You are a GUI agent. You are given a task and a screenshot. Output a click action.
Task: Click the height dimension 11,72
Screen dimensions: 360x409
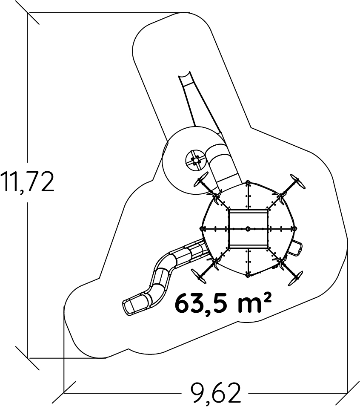(27, 181)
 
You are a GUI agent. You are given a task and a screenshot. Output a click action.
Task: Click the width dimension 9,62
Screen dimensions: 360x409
(215, 393)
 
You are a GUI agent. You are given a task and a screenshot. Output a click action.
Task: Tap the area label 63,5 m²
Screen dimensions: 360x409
(223, 303)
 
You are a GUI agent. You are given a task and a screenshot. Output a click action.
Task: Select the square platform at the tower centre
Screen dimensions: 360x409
(248, 229)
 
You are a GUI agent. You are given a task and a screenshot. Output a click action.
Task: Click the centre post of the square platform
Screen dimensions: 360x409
(248, 229)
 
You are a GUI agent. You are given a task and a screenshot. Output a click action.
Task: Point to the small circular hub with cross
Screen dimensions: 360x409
(195, 160)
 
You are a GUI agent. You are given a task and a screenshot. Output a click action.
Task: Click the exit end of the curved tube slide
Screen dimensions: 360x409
(128, 308)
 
